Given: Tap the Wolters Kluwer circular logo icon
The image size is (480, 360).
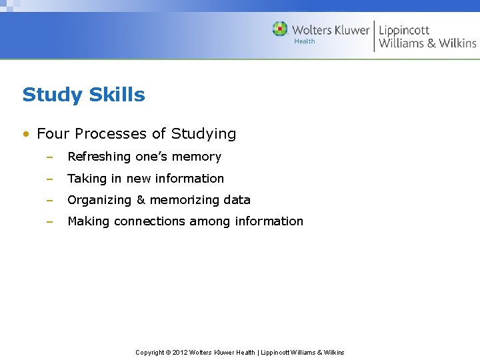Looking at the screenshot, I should pyautogui.click(x=280, y=29).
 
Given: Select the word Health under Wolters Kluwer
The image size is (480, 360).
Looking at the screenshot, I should pyautogui.click(x=305, y=41).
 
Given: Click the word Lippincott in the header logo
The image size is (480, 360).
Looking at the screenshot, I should pyautogui.click(x=404, y=29).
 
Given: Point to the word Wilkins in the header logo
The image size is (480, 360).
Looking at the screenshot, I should pyautogui.click(x=457, y=43).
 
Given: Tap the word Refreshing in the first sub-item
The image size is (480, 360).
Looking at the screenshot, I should pyautogui.click(x=99, y=157).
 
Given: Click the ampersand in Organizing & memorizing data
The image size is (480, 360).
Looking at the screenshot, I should pyautogui.click(x=140, y=200).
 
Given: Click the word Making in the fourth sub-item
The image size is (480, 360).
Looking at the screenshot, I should pyautogui.click(x=89, y=221).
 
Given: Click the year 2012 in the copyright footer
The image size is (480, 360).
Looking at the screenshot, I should pyautogui.click(x=180, y=352).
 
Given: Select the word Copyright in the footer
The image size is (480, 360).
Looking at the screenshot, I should pyautogui.click(x=150, y=352).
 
